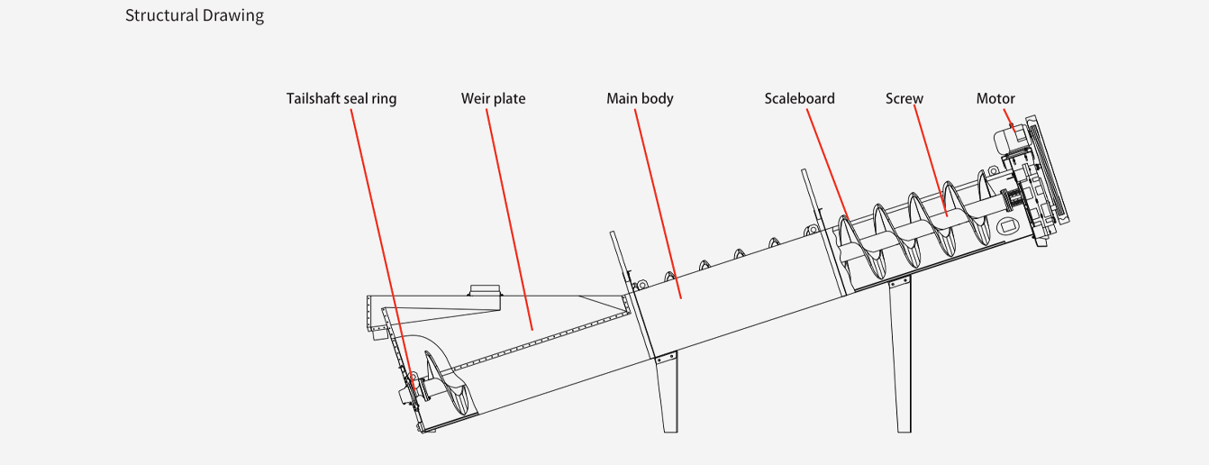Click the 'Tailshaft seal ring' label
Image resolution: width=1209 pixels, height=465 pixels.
[341, 98]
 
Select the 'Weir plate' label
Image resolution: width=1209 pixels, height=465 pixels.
[493, 98]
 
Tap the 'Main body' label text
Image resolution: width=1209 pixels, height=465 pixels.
[640, 98]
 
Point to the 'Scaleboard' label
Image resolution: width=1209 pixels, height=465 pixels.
[799, 98]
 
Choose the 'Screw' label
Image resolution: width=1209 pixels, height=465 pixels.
[904, 98]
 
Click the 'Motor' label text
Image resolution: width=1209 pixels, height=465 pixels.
[995, 98]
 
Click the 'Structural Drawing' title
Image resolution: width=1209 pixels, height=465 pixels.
[195, 15]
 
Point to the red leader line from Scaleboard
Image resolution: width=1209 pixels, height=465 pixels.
[826, 162]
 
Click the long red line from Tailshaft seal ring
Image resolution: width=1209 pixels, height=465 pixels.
[382, 243]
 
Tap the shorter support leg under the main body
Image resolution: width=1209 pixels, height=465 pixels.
[668, 392]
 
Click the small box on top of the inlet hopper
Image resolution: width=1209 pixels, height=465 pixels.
[485, 289]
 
